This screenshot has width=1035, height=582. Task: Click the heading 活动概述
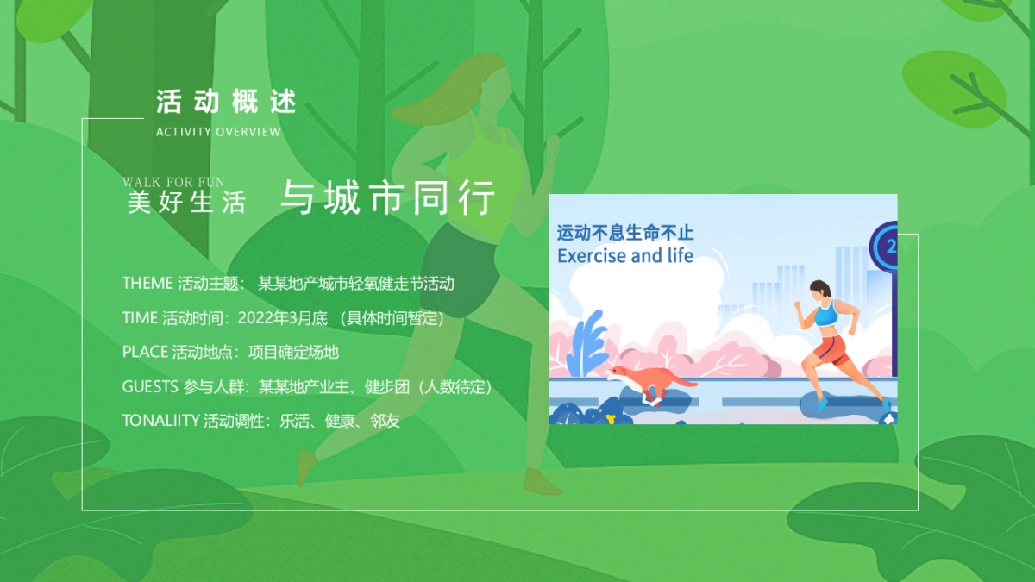point(226,101)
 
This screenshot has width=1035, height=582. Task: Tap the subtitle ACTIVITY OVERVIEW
point(218,132)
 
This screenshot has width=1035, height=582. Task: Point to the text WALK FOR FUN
point(173,182)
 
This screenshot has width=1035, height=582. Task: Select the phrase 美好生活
point(186,203)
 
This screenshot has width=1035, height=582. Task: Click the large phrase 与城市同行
point(388,199)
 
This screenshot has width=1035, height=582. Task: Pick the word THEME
point(147,284)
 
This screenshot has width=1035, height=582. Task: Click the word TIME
point(140,318)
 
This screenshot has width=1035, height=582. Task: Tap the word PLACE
point(145,352)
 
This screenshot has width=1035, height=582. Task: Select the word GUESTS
point(150,386)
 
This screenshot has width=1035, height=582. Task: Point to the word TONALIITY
point(161,421)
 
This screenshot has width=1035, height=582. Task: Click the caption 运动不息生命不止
point(625,233)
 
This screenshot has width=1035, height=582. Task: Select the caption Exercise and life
point(625,256)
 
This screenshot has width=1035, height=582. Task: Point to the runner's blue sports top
point(826,314)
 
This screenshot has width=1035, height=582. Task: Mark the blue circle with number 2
point(888,247)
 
